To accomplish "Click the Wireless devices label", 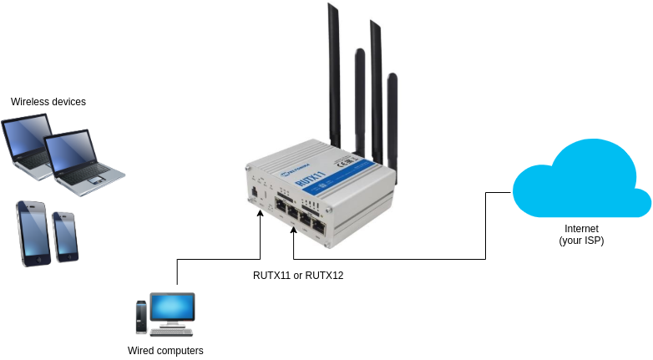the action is coord(48,102).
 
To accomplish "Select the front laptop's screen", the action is coord(70,152).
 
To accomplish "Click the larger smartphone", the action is coord(33,233).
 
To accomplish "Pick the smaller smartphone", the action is coord(65,236).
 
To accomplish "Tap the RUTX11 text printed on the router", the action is coord(311,177).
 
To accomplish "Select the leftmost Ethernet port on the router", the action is coord(280,205).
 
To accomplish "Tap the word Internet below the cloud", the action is coord(581,228).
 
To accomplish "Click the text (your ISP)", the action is coord(581,241).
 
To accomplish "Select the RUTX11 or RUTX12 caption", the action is coord(298,276).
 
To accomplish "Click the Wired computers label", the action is coord(165,351).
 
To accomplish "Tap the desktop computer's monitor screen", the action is coord(172,307).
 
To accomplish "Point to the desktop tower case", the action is coord(142,317).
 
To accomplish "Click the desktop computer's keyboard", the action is coord(171,332).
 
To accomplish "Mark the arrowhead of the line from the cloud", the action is coord(294,230).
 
